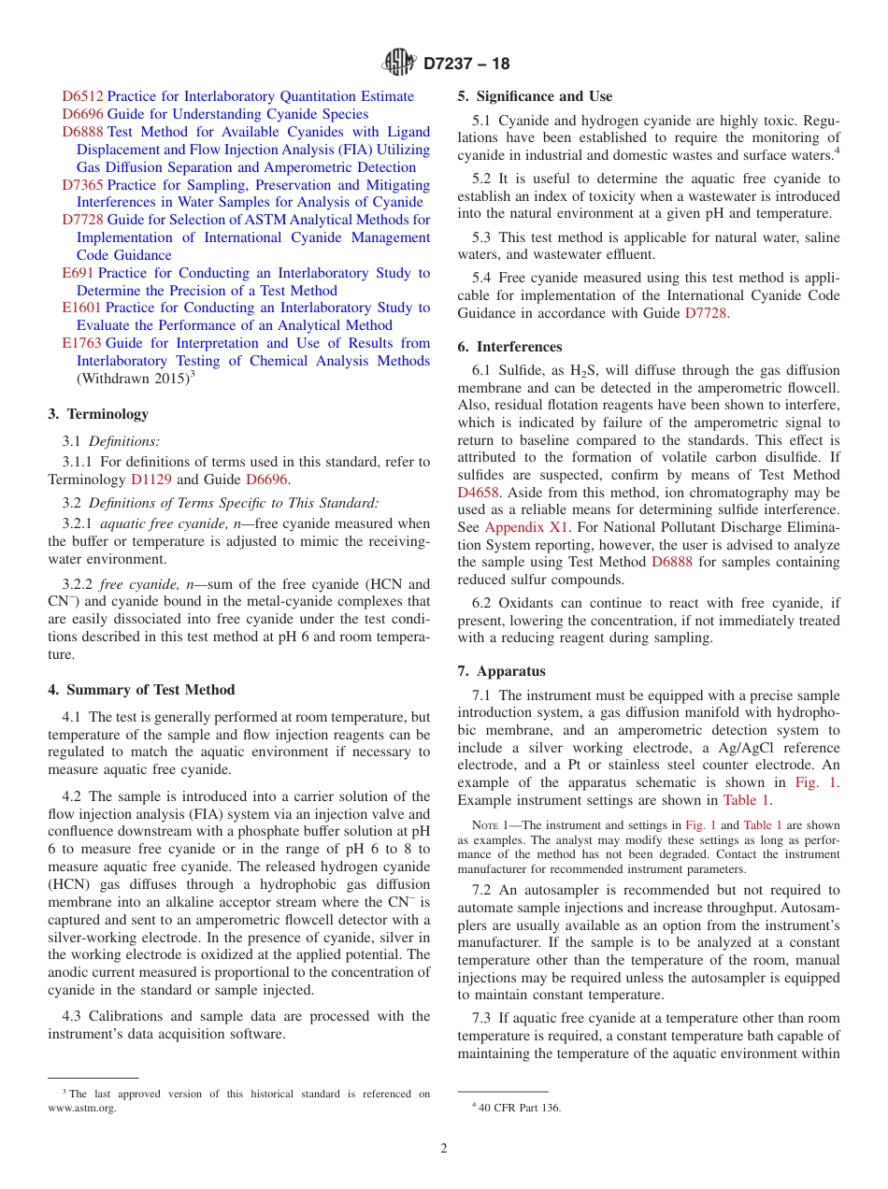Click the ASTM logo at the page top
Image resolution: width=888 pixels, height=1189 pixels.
click(399, 63)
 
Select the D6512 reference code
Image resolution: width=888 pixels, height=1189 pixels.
click(83, 96)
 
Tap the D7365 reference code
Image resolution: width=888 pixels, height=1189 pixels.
click(83, 185)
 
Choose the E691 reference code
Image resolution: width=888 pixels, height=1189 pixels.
click(78, 273)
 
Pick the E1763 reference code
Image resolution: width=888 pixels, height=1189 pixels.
click(83, 343)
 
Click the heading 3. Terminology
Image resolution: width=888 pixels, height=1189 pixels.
click(98, 414)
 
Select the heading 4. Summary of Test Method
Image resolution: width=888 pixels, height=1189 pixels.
click(141, 690)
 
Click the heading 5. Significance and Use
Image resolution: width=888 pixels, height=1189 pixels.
click(535, 96)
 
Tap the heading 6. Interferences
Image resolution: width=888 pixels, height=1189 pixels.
click(509, 347)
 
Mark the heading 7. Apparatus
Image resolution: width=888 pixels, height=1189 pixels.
click(501, 671)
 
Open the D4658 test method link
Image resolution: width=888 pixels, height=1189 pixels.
click(479, 492)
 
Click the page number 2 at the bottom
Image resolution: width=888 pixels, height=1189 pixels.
click(444, 1149)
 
